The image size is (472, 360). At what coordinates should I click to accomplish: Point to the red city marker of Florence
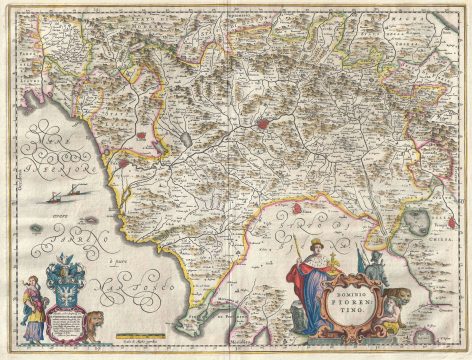point(263,126)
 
